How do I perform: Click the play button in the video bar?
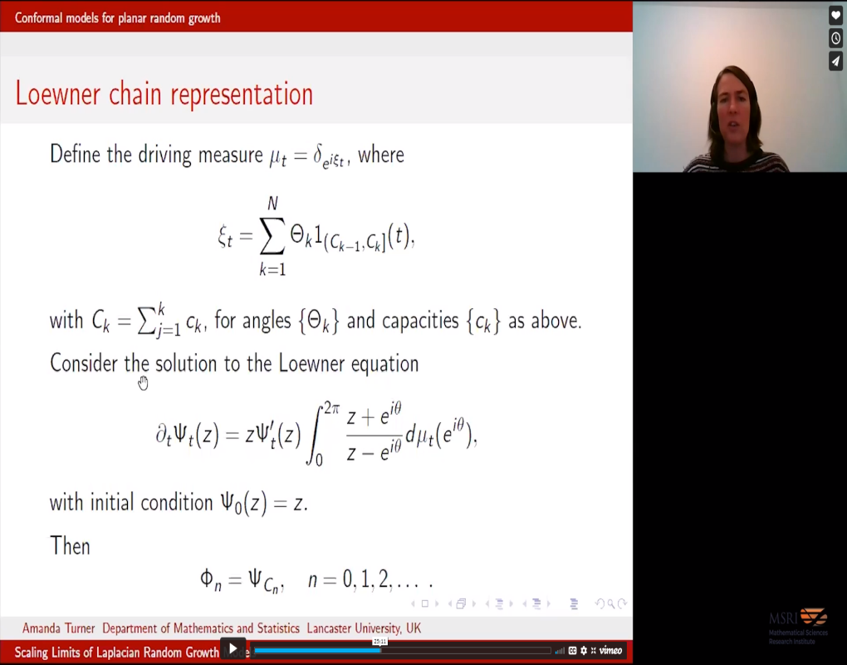tap(233, 648)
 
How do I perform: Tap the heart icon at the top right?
tap(835, 16)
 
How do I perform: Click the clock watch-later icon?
tap(835, 38)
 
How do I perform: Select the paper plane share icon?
tap(835, 62)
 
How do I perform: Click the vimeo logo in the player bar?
tap(610, 650)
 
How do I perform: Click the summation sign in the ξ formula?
tap(272, 238)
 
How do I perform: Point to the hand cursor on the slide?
tap(143, 382)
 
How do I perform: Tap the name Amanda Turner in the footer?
tap(57, 628)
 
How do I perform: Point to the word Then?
tap(70, 545)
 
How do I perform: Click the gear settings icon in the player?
tap(584, 650)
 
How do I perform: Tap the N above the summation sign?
tap(272, 204)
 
